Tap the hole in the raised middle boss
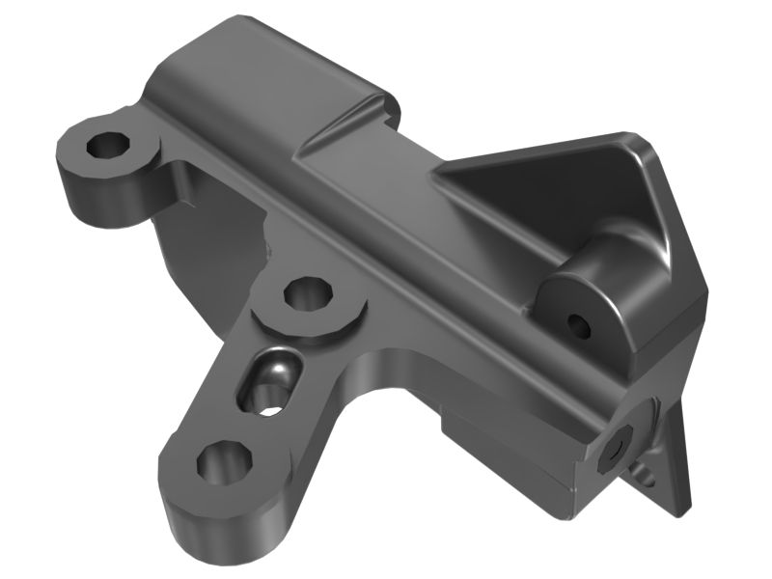click(x=307, y=293)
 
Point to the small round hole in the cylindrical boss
click(x=580, y=325)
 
